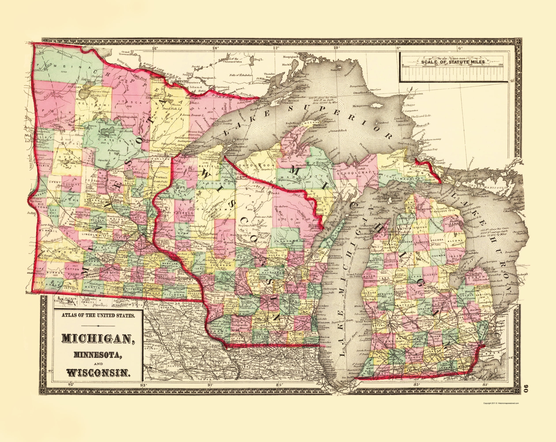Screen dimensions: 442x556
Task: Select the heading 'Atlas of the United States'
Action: [98, 315]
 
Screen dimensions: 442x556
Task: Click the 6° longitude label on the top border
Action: [460, 48]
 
